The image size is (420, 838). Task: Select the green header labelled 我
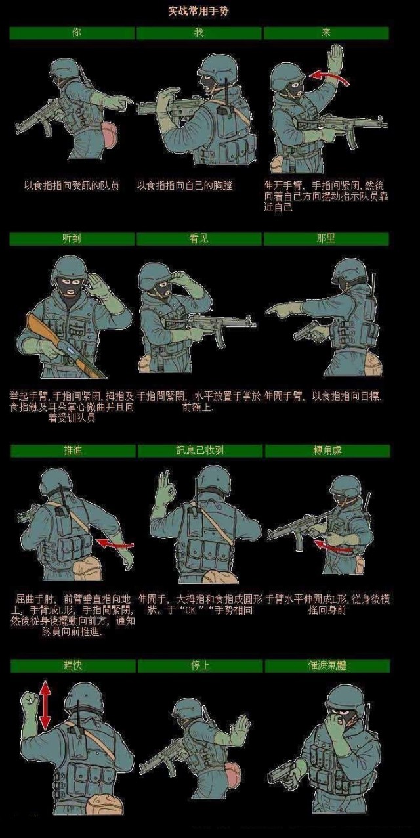[199, 33]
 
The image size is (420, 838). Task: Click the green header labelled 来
[326, 33]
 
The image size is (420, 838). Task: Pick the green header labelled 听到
[72, 239]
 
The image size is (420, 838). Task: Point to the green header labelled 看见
[199, 239]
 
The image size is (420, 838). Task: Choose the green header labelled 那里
[326, 239]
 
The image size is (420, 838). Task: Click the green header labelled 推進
[72, 451]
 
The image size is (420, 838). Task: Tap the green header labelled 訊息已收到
[199, 451]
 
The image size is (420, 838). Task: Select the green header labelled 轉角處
[327, 451]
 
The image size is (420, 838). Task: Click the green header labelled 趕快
[73, 665]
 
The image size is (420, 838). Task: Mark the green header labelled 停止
[199, 665]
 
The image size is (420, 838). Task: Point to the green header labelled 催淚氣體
[327, 665]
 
